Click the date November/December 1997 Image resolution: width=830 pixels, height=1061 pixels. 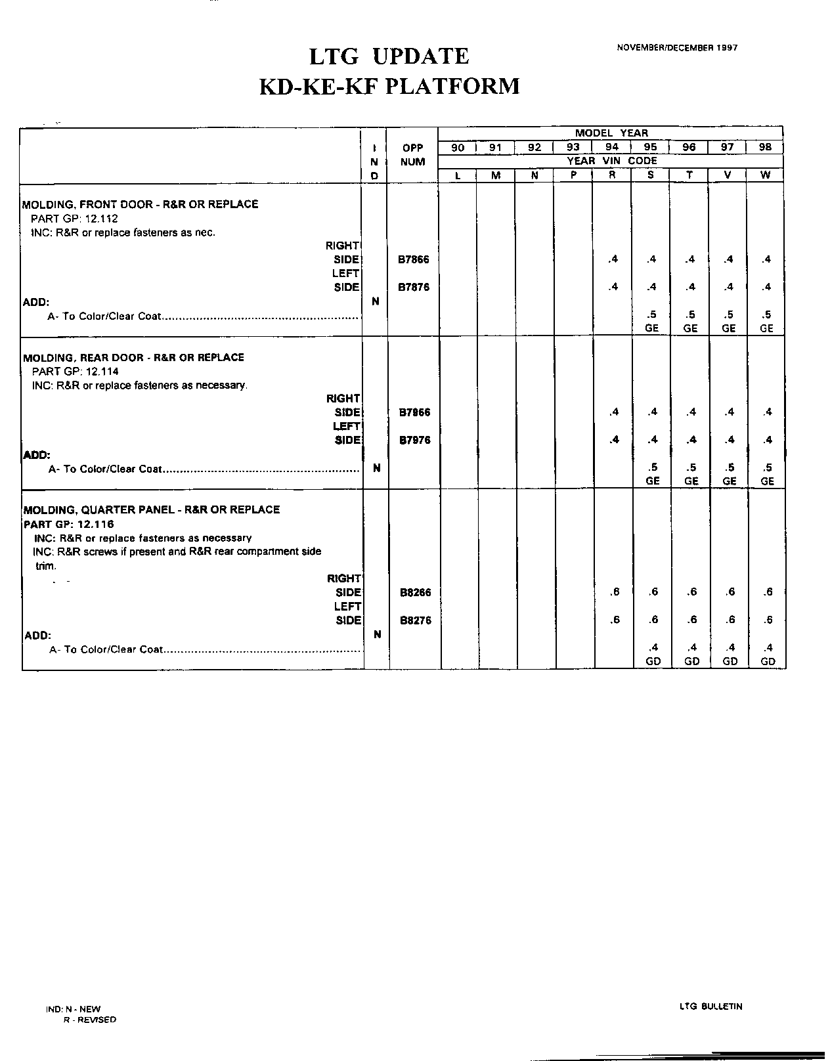677,48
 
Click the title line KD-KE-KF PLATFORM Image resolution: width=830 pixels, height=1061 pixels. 389,87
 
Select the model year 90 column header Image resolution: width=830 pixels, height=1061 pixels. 458,148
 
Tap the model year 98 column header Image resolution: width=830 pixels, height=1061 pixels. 765,148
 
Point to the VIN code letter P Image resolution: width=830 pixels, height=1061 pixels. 573,176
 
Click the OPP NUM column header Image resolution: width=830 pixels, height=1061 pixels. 413,155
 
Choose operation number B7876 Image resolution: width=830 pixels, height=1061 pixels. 414,288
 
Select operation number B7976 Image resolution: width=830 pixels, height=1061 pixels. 414,440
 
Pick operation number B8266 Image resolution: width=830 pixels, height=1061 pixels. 416,592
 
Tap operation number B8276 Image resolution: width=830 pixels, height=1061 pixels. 416,620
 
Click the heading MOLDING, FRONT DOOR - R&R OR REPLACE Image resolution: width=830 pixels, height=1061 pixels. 141,204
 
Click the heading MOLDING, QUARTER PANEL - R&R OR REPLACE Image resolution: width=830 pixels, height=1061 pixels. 152,509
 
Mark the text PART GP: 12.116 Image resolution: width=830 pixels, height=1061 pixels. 69,524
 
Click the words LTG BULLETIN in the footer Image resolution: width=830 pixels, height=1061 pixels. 711,1007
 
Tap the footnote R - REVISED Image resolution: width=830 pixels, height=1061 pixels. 90,1020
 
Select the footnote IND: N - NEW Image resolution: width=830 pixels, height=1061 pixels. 74,1009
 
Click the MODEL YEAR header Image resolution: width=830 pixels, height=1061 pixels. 611,133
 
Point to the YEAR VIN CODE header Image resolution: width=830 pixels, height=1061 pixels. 611,161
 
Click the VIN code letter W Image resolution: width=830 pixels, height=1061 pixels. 766,176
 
